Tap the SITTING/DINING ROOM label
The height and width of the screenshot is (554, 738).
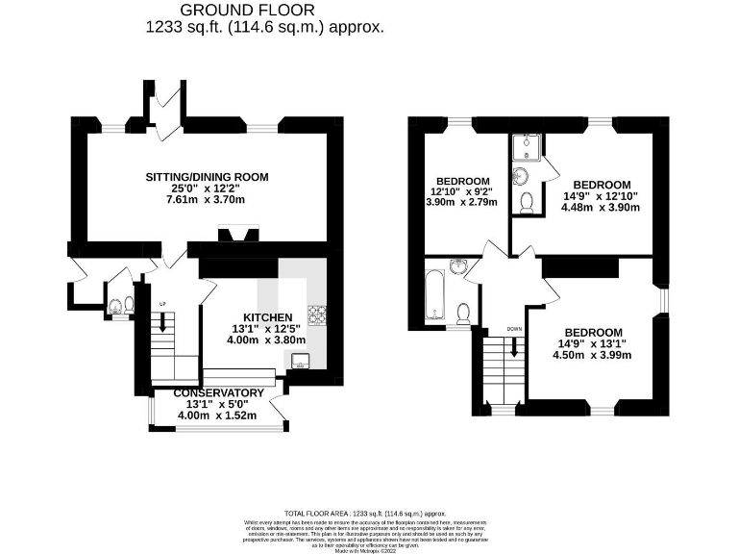[x=207, y=177]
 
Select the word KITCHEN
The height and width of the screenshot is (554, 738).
[x=266, y=316]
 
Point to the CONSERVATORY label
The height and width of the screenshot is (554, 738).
[x=218, y=393]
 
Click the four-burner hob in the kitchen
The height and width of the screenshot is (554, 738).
[x=317, y=314]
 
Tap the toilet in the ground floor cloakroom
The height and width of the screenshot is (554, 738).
[x=117, y=306]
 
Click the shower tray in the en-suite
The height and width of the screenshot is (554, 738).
[x=526, y=145]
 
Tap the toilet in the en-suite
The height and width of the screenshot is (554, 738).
[x=526, y=203]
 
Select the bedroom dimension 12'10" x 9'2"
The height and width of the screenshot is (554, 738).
[x=463, y=191]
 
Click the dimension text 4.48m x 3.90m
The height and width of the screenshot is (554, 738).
[x=602, y=207]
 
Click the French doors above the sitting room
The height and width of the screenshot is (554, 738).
[x=168, y=106]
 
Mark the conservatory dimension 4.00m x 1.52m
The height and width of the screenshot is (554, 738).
[x=218, y=415]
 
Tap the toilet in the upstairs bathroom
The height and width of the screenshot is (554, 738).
[x=463, y=313]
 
